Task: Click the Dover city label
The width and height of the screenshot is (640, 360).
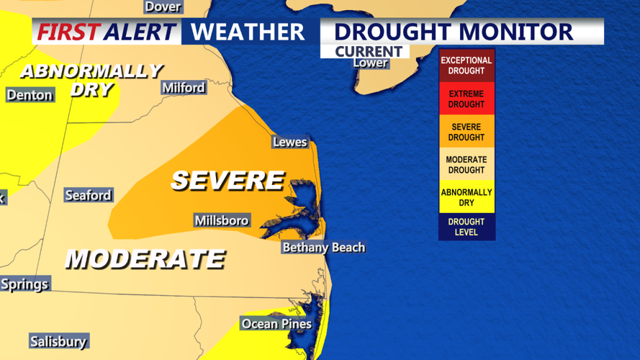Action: [163, 6]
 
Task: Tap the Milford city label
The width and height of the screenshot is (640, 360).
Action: [184, 88]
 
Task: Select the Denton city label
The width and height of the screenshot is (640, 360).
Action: [30, 95]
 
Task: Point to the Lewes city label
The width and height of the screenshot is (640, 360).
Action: [289, 142]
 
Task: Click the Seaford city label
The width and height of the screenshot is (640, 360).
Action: [88, 195]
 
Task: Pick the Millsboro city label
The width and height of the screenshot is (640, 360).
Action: [222, 220]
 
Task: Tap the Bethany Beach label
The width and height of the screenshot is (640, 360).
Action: [323, 247]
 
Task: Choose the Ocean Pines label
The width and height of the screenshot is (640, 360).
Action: [276, 324]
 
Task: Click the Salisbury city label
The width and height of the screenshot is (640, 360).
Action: [58, 341]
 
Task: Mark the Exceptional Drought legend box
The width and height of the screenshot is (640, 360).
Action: [467, 66]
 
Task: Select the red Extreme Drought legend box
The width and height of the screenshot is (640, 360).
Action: [467, 99]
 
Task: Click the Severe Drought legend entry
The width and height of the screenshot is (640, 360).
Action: [467, 132]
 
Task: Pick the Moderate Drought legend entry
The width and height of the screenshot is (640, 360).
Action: [467, 164]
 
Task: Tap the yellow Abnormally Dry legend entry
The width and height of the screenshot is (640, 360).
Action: [467, 197]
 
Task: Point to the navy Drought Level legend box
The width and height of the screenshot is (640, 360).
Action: [467, 227]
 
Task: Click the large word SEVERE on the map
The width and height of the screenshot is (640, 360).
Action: [227, 180]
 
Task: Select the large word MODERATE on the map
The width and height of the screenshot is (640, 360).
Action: [145, 258]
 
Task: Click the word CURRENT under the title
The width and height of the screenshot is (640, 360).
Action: [368, 51]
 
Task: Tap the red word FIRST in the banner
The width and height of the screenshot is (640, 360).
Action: [68, 32]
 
